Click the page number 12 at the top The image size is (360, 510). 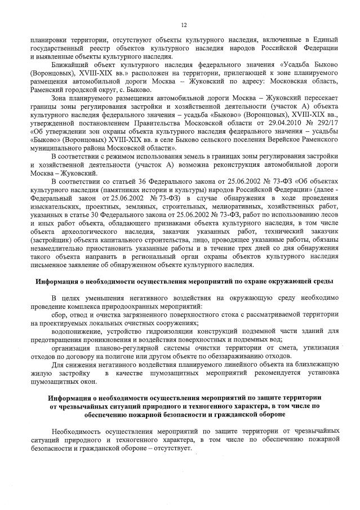click(183, 25)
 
